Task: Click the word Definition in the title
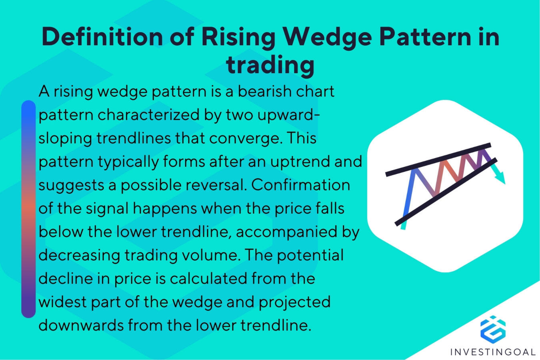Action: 102,37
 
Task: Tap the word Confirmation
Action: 301,185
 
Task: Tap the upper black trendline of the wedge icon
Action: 438,159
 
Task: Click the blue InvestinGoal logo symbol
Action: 493,329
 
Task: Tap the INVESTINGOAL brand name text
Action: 493,352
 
